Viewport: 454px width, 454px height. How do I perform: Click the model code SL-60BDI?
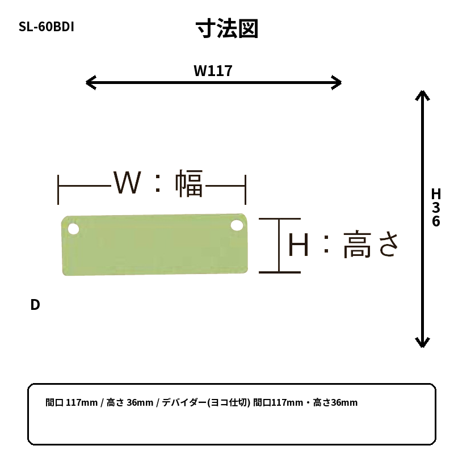[47, 27]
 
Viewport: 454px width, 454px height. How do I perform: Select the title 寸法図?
[227, 28]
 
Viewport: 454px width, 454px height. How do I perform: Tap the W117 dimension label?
[213, 71]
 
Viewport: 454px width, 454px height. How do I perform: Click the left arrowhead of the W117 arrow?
[90, 82]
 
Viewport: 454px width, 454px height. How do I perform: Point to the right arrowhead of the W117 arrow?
[337, 82]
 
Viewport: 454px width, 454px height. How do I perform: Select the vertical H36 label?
[436, 207]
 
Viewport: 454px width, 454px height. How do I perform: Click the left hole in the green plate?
[74, 229]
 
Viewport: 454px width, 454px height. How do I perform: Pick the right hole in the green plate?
[237, 225]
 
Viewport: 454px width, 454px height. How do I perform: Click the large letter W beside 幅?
[127, 182]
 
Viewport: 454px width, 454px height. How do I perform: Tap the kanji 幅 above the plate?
[189, 183]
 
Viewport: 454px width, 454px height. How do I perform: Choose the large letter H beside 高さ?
[299, 246]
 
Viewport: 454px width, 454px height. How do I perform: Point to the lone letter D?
[35, 305]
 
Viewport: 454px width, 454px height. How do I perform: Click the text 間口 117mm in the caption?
[72, 402]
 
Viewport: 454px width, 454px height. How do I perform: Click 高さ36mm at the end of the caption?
[335, 402]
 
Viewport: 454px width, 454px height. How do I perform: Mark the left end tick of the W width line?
[58, 190]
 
